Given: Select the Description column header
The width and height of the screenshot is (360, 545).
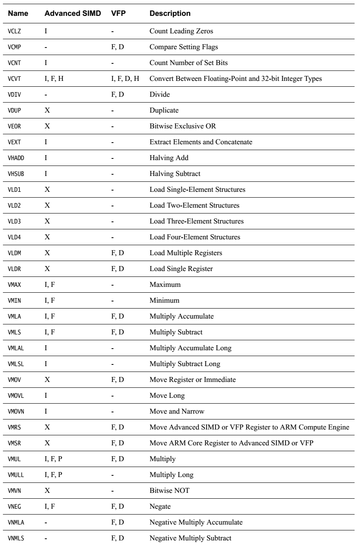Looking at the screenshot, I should click(x=170, y=13).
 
